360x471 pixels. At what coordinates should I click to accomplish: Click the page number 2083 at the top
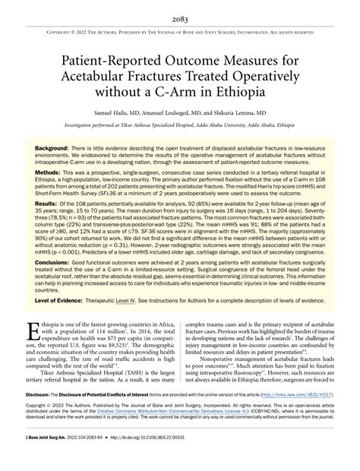click(x=179, y=8)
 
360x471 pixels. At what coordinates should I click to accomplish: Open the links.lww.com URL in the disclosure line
click(x=307, y=416)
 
